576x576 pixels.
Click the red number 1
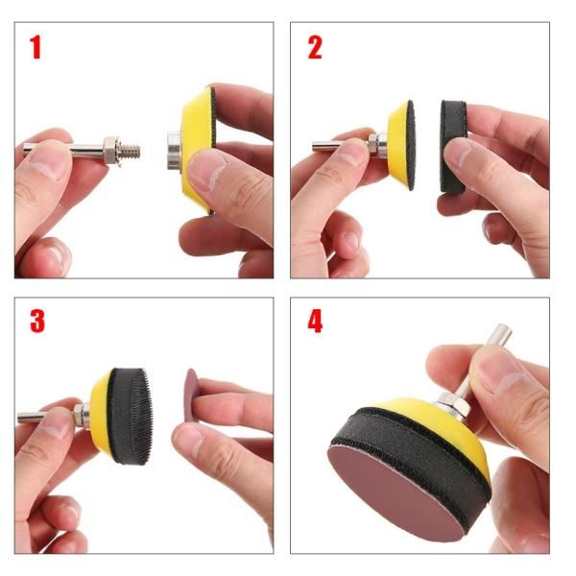[36, 47]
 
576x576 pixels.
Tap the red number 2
[315, 47]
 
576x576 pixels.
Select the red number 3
[37, 322]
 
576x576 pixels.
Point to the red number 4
[315, 321]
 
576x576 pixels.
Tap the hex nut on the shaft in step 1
[110, 151]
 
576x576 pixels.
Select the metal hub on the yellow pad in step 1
[174, 151]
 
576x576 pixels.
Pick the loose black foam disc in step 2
[453, 146]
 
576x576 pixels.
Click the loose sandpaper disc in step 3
[191, 396]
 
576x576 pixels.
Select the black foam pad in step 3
[130, 417]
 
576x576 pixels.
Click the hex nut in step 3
[79, 416]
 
